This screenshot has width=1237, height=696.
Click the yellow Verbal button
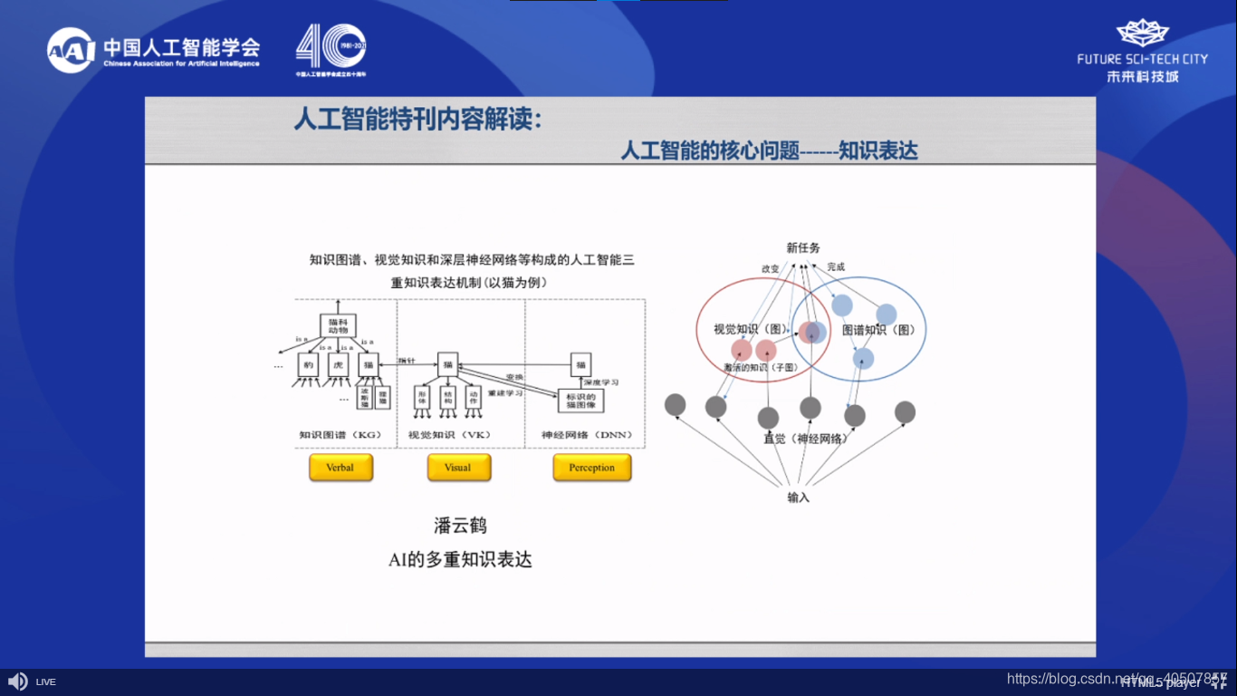coord(340,468)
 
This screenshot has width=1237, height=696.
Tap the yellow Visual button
coord(458,468)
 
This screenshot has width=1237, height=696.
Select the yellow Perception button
coord(591,468)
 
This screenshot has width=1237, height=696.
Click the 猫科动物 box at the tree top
coord(338,325)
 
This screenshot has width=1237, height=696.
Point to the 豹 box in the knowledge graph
coord(309,365)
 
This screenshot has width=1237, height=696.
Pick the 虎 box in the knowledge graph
coord(338,365)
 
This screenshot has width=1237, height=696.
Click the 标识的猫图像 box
coord(580,399)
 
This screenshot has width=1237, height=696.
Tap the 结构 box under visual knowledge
coord(446,398)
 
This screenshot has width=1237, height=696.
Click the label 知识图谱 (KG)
coord(340,435)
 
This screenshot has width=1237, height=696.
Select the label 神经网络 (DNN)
coord(588,435)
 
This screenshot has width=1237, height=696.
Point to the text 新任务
coord(802,248)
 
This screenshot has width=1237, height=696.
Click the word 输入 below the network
coord(798,498)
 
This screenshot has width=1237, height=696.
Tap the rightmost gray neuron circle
coord(905,412)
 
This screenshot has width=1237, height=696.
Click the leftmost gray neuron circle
coord(675,405)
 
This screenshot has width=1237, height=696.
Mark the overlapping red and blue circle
coord(812,333)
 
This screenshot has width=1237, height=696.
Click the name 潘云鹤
coord(460,526)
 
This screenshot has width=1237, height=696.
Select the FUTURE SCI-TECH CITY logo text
coord(1142,59)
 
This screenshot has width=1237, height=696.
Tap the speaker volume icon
coord(16,681)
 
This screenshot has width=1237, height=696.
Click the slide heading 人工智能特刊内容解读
coord(417,120)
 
